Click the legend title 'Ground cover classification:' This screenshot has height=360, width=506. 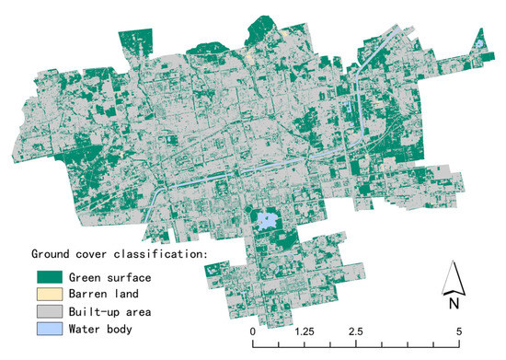[x=120, y=251]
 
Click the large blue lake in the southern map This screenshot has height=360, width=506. [x=267, y=220]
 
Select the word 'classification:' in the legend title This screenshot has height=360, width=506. [x=163, y=251]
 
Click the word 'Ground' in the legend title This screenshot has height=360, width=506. [x=51, y=251]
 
